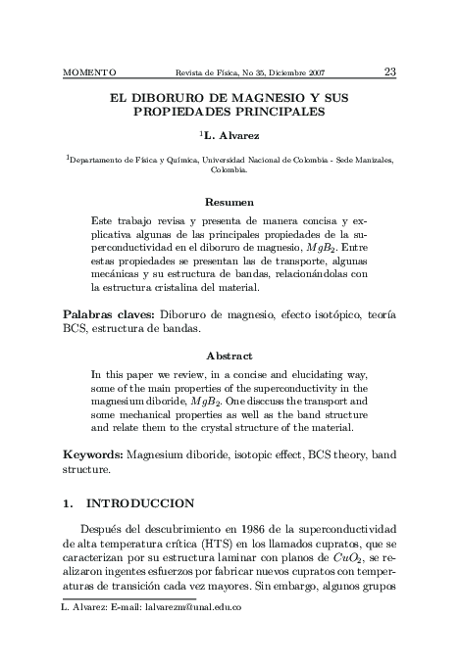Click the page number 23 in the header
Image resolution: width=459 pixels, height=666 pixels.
coord(389,71)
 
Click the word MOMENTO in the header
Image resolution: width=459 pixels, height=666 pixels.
coord(89,72)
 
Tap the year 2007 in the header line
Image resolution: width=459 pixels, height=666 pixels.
coord(314,72)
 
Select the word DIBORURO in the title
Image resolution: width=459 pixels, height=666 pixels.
coord(175,100)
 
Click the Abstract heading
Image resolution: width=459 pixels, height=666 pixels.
coord(229,356)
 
